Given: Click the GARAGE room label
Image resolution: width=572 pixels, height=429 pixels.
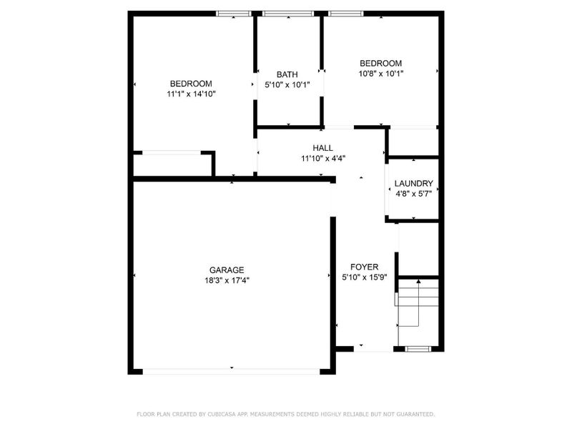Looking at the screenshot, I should click(227, 270).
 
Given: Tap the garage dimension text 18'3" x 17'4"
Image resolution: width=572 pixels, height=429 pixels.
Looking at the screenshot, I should click(227, 280).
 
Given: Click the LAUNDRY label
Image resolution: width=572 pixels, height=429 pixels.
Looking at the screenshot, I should click(414, 183).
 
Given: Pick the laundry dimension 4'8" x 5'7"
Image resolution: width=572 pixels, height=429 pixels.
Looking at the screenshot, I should click(414, 193).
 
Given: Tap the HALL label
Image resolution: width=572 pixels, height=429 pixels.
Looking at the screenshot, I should click(322, 148).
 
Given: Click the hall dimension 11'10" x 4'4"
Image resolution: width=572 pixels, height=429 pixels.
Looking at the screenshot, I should click(322, 159).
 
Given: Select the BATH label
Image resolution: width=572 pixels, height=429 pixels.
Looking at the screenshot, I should click(287, 74).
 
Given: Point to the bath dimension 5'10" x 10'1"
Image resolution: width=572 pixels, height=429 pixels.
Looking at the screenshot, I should click(287, 84).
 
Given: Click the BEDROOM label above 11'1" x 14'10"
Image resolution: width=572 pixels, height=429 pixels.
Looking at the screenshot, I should click(191, 83).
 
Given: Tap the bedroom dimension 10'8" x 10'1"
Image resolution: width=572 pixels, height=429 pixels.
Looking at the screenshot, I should click(381, 73).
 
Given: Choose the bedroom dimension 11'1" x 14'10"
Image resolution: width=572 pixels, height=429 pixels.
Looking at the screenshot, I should click(191, 94).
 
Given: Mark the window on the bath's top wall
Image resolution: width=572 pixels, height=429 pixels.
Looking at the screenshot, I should click(288, 13).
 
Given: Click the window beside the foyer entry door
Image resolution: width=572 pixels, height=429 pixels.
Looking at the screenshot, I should click(417, 349).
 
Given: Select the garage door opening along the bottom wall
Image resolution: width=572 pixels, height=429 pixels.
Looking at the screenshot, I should click(232, 370).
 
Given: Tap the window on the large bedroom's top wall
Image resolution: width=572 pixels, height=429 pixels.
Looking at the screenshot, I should click(234, 13).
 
